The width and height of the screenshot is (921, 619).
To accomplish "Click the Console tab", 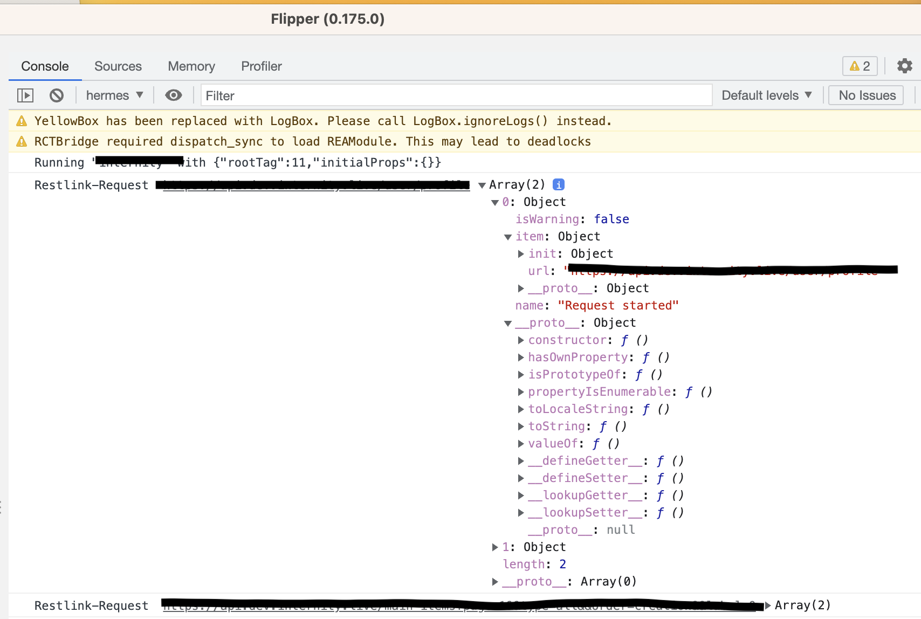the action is coord(45,66).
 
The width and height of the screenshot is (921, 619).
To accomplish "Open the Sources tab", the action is coord(118,66).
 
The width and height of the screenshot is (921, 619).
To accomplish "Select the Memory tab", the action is coord(191,66).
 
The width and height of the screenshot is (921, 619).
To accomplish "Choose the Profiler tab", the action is coord(261,66).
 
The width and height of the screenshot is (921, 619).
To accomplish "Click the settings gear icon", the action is coord(904,66).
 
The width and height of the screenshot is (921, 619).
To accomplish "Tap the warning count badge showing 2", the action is coord(860,66).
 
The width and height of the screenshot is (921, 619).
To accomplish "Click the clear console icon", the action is coord(57,95).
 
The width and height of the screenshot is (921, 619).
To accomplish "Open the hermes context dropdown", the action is coord(114,95).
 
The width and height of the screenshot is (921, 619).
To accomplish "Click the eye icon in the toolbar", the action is coord(173,95).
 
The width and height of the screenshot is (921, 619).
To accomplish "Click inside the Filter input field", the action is coord(456,95).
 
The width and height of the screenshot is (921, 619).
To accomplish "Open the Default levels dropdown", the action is coord(766,95).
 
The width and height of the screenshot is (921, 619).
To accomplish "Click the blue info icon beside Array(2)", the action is coord(559,184).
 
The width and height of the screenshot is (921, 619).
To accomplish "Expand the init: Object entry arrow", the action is coord(521,253).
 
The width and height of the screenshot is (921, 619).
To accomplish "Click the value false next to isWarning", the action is coord(611,219).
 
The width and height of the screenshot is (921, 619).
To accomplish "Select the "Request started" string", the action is coord(618,305).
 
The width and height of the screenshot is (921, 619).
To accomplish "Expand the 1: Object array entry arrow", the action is coord(495,547).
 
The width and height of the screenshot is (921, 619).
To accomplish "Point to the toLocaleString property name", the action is coord(578,409).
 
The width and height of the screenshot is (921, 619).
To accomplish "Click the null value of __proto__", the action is coord(621,529).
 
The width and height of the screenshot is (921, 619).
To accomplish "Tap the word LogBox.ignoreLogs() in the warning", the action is coord(480,121).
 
